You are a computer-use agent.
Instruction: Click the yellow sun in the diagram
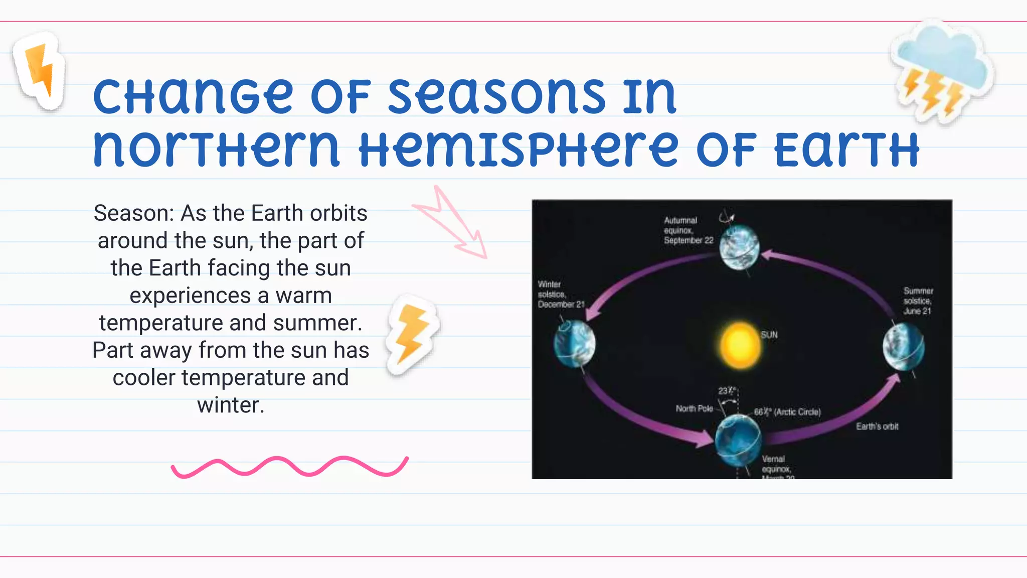point(740,346)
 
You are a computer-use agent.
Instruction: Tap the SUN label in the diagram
point(769,335)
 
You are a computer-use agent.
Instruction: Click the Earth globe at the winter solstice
point(575,344)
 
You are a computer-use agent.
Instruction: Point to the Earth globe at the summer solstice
point(904,347)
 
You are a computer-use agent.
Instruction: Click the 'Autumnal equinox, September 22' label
point(688,230)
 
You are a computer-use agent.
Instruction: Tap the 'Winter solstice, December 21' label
point(560,295)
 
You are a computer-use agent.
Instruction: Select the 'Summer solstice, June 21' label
point(918,301)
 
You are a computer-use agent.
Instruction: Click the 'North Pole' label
point(694,408)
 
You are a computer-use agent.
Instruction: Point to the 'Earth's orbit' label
point(877,426)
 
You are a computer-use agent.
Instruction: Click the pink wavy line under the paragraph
point(289,467)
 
